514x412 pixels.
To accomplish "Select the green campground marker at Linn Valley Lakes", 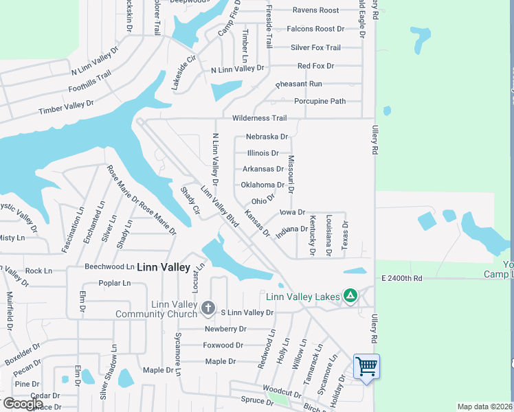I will tap(350, 296).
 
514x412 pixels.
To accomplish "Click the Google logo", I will tap(23, 404).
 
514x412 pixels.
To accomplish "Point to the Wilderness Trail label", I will tap(259, 118).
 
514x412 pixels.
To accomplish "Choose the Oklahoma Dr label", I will tap(262, 185).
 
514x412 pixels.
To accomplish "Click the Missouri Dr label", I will tap(291, 174).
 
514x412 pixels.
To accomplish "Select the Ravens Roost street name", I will tap(315, 10).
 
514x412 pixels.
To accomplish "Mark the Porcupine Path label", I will tap(320, 101).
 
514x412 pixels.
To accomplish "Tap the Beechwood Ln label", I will tap(109, 266).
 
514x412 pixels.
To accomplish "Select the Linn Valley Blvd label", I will tap(219, 207).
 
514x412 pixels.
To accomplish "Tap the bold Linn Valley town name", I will tap(164, 267).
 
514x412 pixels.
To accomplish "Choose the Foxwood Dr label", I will tap(223, 345).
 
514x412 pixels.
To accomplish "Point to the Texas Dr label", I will tap(346, 233).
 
